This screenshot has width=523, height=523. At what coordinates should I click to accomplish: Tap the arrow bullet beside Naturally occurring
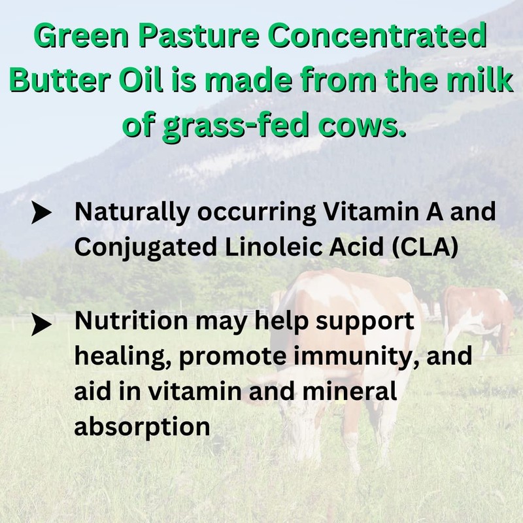(x=41, y=213)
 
